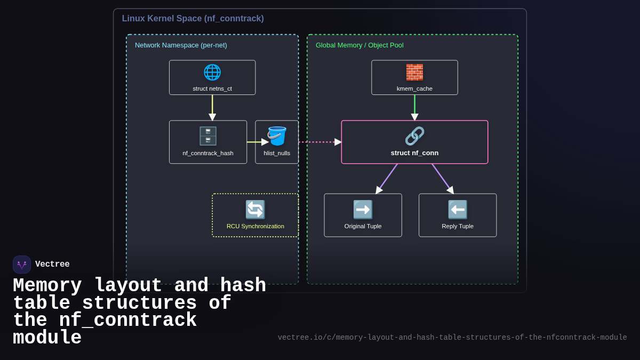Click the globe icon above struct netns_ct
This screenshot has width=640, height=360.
tap(212, 72)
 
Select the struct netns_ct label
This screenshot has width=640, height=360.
tap(212, 89)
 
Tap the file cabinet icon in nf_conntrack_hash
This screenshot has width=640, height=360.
tap(208, 136)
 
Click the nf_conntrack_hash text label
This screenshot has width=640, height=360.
tap(208, 153)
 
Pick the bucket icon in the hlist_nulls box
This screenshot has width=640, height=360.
tap(277, 136)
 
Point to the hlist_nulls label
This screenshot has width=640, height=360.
tap(277, 153)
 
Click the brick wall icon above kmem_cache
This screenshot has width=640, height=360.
tap(414, 72)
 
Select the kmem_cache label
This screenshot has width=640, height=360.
tap(414, 89)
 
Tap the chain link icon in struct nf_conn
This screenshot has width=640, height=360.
tap(414, 136)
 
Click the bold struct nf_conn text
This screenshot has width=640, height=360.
tap(414, 153)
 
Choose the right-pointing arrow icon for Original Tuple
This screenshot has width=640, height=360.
tap(363, 210)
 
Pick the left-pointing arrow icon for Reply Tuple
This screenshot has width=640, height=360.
tap(458, 210)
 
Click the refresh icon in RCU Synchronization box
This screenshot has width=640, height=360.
tap(255, 210)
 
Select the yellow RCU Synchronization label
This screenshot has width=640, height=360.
tap(255, 226)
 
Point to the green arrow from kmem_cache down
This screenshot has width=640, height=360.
tap(414, 107)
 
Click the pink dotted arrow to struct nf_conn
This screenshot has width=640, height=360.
tap(319, 142)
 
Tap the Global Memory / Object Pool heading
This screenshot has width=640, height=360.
tap(359, 45)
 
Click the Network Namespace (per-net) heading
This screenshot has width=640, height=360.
tap(181, 45)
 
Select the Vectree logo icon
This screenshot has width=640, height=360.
tap(22, 265)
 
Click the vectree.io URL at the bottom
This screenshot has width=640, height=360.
tap(452, 338)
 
